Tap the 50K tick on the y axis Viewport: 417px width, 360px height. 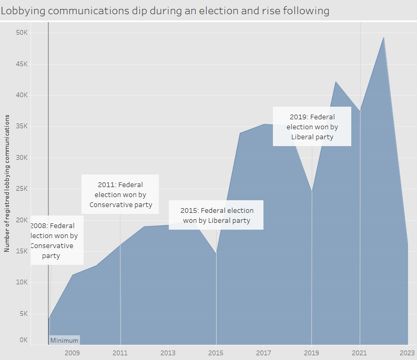coord(22,33)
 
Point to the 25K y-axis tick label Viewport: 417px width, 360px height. coord(22,189)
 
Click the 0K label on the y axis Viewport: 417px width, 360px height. coord(23,340)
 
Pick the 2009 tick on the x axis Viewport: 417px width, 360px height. coord(72,353)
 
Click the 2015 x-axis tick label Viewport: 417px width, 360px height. coord(216,353)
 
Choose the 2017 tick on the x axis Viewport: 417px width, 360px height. coord(263,353)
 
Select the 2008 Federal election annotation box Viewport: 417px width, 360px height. coord(57,240)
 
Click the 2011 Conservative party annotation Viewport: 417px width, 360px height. coord(120,194)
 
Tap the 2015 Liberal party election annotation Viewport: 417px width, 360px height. coord(216,215)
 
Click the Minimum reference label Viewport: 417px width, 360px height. coord(64,340)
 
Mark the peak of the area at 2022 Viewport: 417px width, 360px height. coord(384,37)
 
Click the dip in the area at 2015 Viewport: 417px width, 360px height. coord(216,254)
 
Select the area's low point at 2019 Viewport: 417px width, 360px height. coord(312,191)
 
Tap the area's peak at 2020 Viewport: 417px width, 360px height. coord(336,81)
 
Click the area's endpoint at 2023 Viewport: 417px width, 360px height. coord(408,243)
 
